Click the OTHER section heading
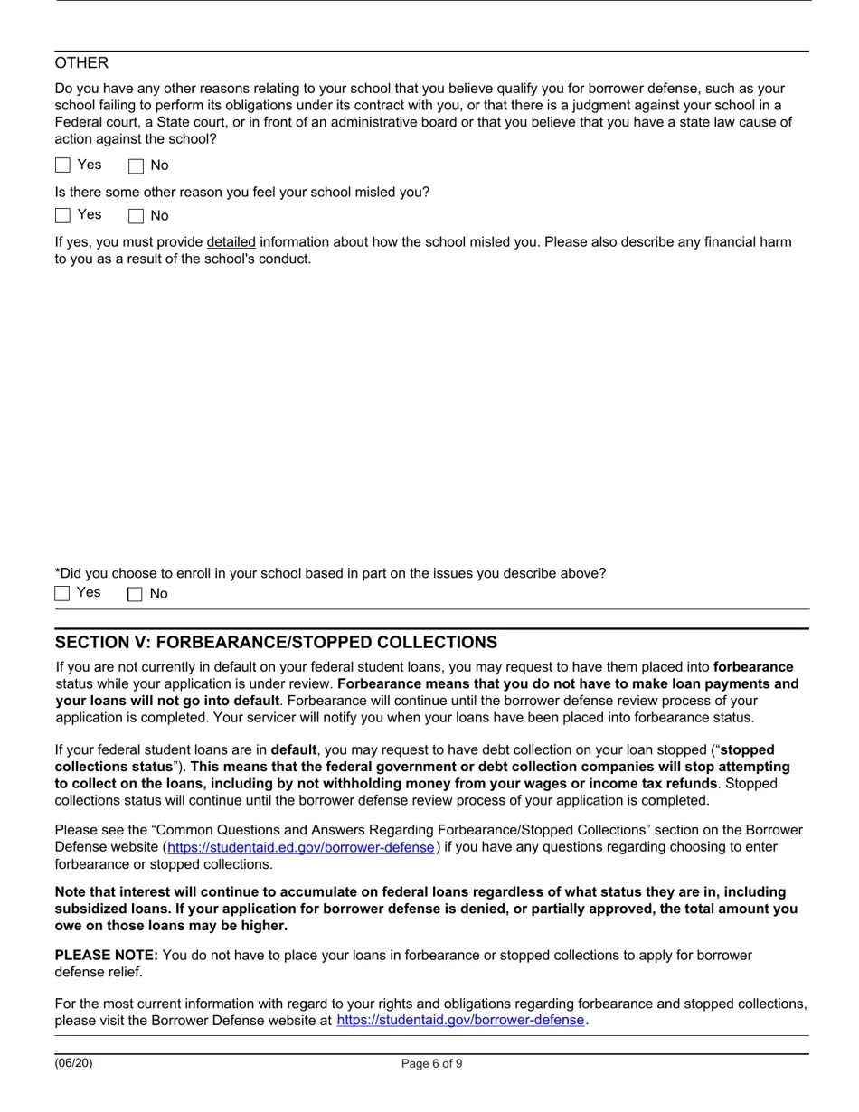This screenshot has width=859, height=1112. (81, 63)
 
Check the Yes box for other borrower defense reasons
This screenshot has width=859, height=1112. (62, 165)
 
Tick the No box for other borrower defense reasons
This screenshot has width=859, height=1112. (137, 166)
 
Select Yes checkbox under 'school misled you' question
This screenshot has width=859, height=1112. (62, 215)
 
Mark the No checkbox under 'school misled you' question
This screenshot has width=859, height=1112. (137, 216)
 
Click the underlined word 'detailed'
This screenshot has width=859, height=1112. (231, 242)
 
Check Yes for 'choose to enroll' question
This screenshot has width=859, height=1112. (62, 593)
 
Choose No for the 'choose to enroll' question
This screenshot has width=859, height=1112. (136, 594)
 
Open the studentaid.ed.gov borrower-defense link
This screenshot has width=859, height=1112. (300, 848)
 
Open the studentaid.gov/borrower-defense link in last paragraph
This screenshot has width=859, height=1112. (460, 1021)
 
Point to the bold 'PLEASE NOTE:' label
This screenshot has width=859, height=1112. (106, 956)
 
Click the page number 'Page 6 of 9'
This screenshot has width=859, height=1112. (431, 1064)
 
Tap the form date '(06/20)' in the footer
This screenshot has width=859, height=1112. (73, 1063)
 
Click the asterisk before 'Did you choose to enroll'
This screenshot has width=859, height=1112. (58, 572)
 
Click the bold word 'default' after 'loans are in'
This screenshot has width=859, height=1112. (294, 750)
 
